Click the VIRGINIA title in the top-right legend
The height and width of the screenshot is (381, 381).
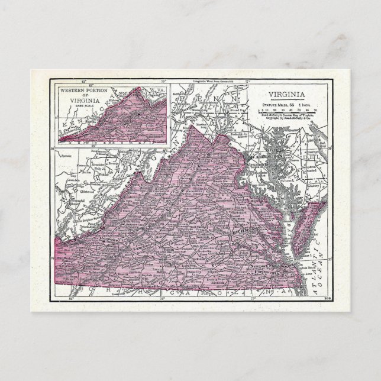click(x=287, y=94)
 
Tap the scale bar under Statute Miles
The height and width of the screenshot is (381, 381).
click(x=287, y=109)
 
